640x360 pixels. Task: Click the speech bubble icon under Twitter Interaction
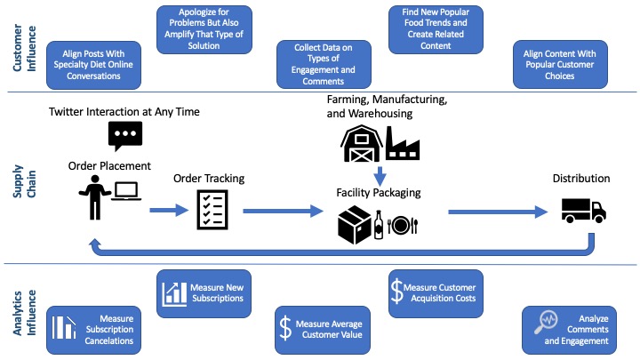coord(124,136)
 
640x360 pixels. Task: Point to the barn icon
coord(363,140)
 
